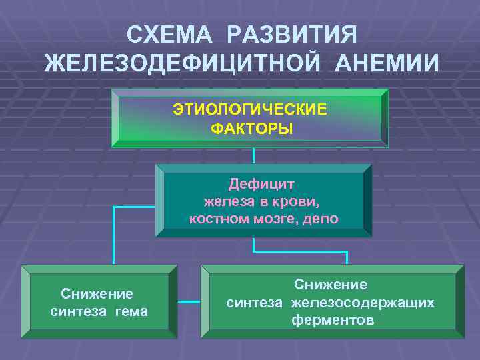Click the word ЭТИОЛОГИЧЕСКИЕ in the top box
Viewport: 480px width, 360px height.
coord(251,109)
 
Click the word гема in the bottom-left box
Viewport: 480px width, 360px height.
coord(132,311)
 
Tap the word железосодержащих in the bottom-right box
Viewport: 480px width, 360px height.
coord(362,303)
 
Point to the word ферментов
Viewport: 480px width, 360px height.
coord(332,321)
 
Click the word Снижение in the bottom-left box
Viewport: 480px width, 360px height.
coord(97,294)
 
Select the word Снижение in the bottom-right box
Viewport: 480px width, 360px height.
coord(331,285)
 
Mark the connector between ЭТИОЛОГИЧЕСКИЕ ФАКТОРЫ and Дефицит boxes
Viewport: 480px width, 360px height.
coord(254,155)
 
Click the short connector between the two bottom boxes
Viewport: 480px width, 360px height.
coord(189,302)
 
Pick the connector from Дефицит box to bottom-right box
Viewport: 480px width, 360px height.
coord(300,251)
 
